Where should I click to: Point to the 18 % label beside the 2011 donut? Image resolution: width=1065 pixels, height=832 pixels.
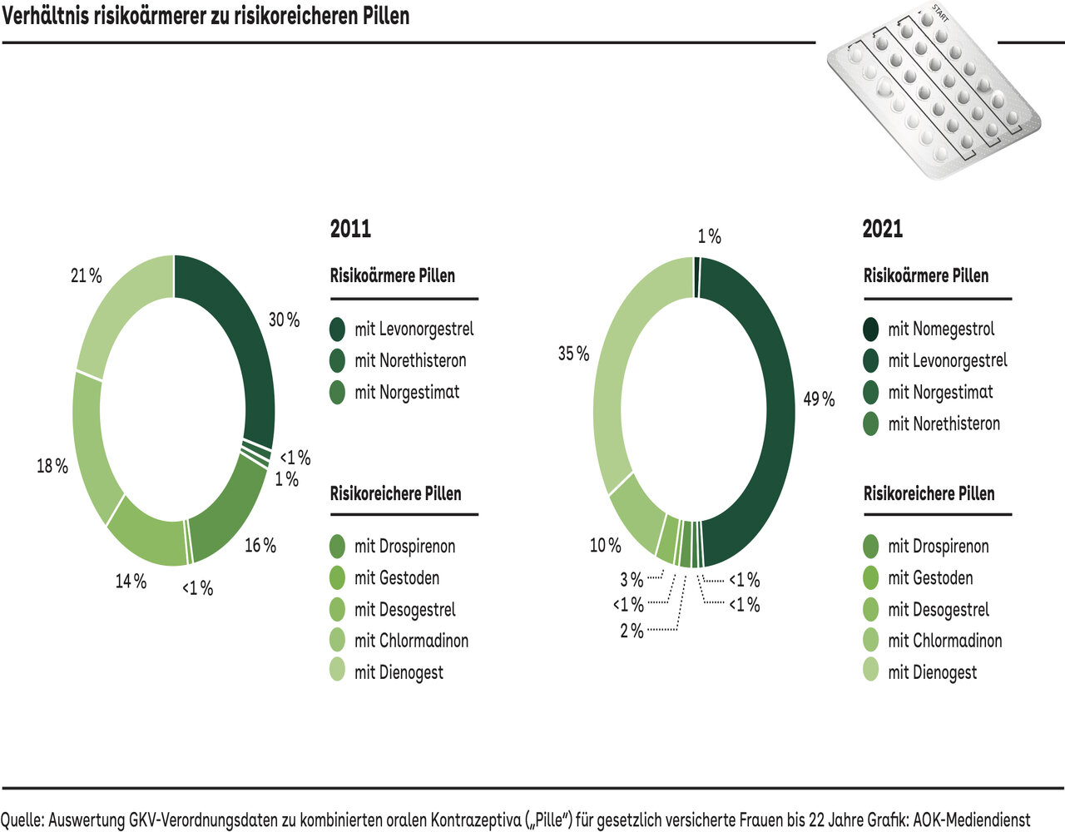point(52,467)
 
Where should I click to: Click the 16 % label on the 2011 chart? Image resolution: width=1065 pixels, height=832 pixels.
point(260,546)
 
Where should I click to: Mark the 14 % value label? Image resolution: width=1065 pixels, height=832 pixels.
point(131,582)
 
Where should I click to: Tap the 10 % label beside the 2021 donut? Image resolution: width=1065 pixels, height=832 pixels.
point(606,546)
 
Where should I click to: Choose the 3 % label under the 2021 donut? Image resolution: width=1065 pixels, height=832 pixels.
point(632,580)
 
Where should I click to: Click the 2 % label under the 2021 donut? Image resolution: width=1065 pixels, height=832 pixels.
point(632,631)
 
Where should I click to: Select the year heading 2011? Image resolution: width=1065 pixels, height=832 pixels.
point(350,229)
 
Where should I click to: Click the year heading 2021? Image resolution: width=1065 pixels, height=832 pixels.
point(883,229)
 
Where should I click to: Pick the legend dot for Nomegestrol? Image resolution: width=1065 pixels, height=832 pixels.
point(871,329)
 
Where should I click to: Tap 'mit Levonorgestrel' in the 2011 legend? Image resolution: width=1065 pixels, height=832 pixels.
point(414,329)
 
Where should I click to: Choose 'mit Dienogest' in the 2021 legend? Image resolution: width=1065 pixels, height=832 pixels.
point(932,672)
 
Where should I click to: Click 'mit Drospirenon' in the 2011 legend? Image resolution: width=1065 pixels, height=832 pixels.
point(404,547)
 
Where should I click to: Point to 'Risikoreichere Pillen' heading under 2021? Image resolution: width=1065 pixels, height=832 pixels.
point(929,493)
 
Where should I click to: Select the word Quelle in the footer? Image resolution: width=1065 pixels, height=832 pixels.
point(21,820)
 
